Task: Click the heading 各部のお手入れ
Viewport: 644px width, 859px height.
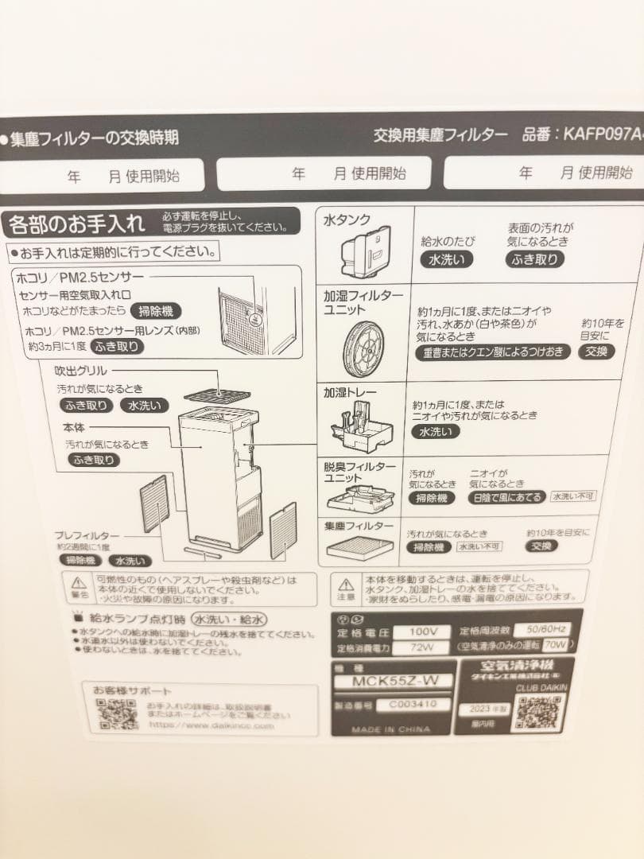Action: tap(76, 224)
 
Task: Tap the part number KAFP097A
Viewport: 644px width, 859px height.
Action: tap(603, 134)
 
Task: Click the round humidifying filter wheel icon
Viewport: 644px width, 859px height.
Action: tap(365, 348)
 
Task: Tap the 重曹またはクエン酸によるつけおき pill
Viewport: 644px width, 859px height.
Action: tap(493, 352)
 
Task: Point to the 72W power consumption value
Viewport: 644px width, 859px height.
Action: tap(418, 647)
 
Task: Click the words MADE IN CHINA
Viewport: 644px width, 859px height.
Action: tap(390, 729)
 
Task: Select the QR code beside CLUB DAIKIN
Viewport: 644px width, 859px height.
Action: tap(538, 712)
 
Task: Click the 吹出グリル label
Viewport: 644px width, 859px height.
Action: tap(80, 371)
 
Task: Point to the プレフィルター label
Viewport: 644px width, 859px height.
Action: tap(87, 535)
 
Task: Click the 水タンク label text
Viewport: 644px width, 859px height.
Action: tap(347, 220)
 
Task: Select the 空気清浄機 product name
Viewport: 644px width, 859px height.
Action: tap(517, 665)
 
